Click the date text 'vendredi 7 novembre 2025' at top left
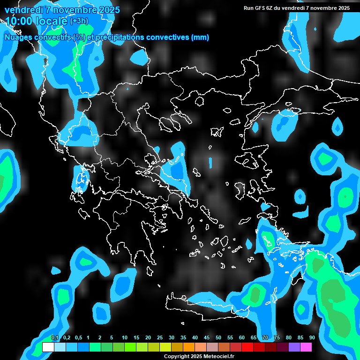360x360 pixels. coord(62,10)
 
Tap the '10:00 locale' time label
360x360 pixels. coord(36,21)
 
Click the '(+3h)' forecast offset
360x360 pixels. coord(79,21)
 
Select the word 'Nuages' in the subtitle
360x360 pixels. coord(18,37)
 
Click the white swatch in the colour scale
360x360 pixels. coord(48,347)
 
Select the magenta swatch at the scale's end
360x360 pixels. coord(306,347)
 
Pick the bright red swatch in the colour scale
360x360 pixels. coord(247,347)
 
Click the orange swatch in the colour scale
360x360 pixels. coord(189,347)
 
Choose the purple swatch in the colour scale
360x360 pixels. coord(294,347)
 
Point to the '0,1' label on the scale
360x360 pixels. coord(55,338)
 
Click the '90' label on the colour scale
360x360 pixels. coord(312,338)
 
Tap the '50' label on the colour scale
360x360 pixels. coord(218,338)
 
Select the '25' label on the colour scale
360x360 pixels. coord(159,338)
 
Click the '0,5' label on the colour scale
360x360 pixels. coord(78,338)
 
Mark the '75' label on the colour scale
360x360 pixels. coord(277,338)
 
